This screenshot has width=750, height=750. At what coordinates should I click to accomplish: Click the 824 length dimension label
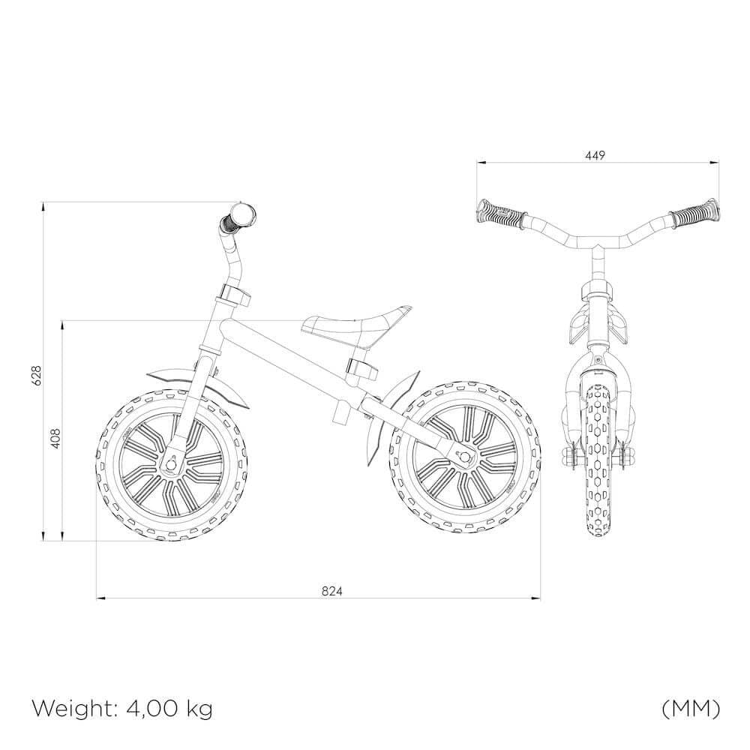pyautogui.click(x=332, y=591)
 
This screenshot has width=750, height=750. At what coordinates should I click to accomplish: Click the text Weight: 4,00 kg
pyautogui.click(x=122, y=707)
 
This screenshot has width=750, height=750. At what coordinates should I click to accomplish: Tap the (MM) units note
pyautogui.click(x=691, y=707)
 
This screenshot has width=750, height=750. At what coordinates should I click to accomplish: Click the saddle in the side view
pyautogui.click(x=356, y=322)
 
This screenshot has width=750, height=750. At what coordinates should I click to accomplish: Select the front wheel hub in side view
pyautogui.click(x=171, y=463)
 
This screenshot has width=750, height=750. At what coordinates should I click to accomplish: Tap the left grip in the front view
pyautogui.click(x=496, y=213)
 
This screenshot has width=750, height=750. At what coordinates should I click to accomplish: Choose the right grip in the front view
pyautogui.click(x=694, y=214)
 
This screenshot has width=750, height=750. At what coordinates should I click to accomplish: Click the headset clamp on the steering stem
pyautogui.click(x=234, y=294)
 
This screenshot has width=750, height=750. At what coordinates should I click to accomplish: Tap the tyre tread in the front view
pyautogui.click(x=597, y=450)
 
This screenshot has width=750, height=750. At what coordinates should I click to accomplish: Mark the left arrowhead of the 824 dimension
pyautogui.click(x=100, y=598)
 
